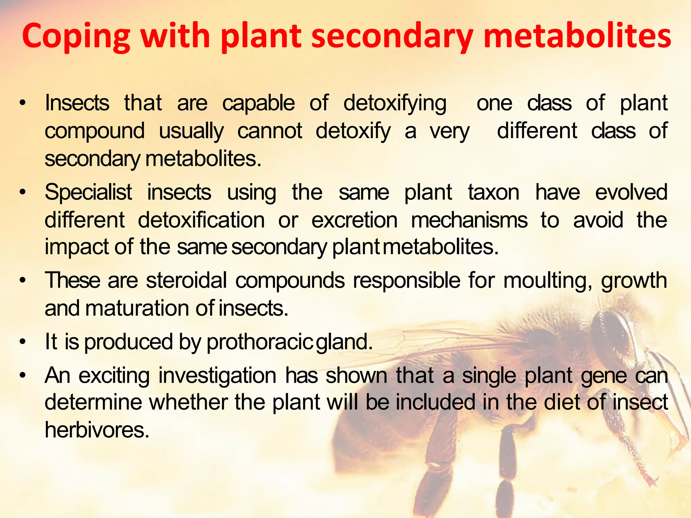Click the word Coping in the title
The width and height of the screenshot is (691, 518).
76,36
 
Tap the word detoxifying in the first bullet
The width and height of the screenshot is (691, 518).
395,103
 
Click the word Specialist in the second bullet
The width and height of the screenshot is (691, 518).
88,192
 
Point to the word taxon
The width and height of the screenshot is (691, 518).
493,192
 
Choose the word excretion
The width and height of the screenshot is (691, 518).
354,220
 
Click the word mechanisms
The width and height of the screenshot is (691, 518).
469,220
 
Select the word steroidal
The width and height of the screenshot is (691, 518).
187,280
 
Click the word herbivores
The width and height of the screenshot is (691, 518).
97,430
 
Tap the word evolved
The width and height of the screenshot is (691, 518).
631,192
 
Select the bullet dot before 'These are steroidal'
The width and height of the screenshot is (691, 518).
23,281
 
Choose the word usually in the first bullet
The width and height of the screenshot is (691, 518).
191,131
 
